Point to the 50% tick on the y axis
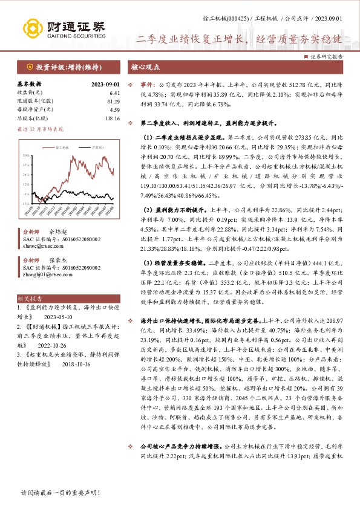[x=27, y=155]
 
